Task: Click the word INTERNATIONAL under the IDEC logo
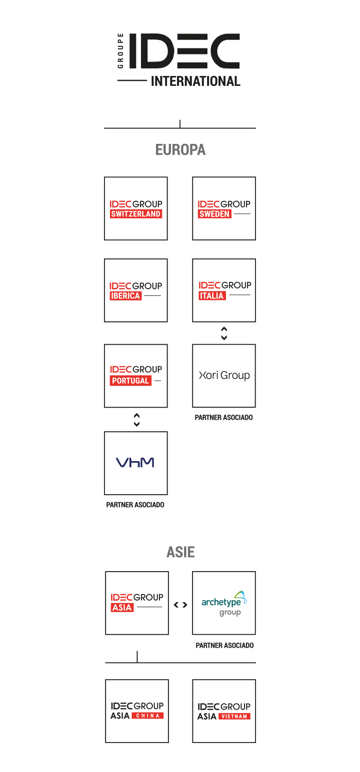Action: (x=195, y=81)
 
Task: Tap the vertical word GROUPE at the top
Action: (x=120, y=51)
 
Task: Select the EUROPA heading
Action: (x=180, y=150)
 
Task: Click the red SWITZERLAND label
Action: (x=135, y=214)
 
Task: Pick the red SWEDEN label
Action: (x=214, y=214)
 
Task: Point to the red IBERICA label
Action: (x=125, y=296)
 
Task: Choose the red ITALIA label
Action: (x=212, y=296)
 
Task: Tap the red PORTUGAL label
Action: (x=130, y=380)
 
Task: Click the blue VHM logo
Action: (x=135, y=463)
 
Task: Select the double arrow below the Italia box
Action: (x=224, y=333)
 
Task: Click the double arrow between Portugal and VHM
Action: (x=136, y=420)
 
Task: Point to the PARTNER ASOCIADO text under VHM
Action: (x=135, y=505)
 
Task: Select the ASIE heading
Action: (x=180, y=552)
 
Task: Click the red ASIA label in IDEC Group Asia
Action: (x=122, y=608)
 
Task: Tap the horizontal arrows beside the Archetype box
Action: (x=180, y=605)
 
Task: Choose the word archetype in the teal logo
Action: (x=221, y=602)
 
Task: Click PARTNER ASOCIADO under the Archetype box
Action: (x=224, y=646)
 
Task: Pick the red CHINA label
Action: (x=148, y=716)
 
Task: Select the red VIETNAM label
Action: (x=234, y=716)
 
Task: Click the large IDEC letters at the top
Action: (x=184, y=51)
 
